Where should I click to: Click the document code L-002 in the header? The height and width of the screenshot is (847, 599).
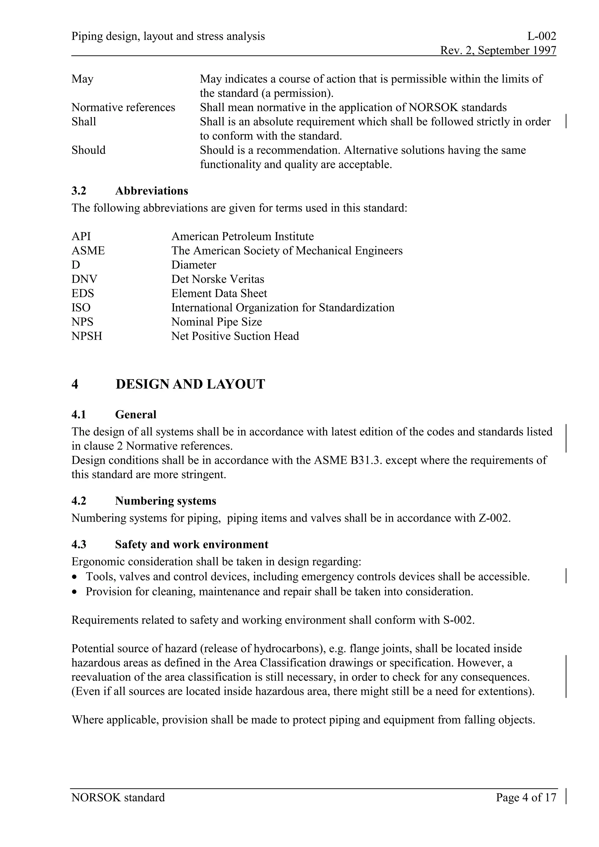click(541, 36)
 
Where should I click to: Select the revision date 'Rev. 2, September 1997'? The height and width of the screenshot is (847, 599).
click(498, 50)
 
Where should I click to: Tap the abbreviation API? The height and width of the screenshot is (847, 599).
click(81, 236)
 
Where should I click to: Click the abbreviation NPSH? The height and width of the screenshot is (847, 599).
click(87, 336)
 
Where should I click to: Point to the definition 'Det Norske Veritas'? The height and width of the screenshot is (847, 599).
click(218, 279)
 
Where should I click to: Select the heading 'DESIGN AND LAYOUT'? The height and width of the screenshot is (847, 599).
click(190, 384)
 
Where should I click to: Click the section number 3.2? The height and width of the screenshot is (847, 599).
click(79, 191)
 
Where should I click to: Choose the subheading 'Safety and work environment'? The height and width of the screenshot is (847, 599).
click(192, 544)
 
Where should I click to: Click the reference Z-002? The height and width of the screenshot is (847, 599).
click(494, 518)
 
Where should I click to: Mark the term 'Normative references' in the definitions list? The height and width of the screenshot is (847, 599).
click(123, 107)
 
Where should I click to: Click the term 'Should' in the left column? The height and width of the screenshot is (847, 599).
click(89, 150)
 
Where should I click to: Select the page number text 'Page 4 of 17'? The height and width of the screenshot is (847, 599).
click(526, 798)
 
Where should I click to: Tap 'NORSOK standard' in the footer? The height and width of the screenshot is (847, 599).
click(118, 798)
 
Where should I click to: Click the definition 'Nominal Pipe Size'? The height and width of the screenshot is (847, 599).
click(217, 322)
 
